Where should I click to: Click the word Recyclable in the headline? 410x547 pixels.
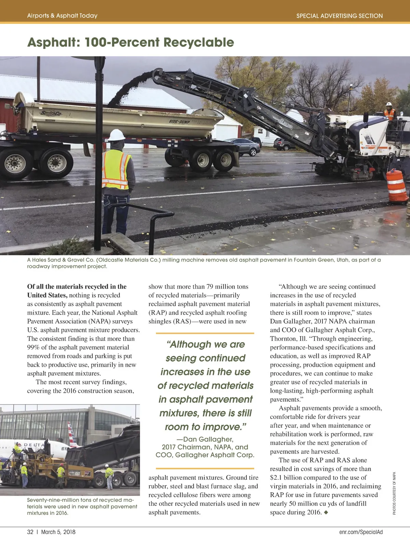[x=199, y=42]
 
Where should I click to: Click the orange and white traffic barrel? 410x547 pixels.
[x=396, y=186]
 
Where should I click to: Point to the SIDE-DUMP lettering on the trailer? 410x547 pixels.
[x=179, y=122]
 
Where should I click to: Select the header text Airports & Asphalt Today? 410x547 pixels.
[x=62, y=16]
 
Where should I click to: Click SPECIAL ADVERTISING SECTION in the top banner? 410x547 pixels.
[x=339, y=16]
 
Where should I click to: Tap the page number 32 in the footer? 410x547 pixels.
[x=30, y=532]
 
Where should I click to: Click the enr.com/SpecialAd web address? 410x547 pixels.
[x=361, y=532]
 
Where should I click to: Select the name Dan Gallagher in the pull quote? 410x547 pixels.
[x=208, y=439]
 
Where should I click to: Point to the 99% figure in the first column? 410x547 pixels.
[x=33, y=347]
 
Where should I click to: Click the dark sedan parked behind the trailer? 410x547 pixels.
[x=243, y=146]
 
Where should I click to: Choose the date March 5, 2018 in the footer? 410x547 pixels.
[x=58, y=532]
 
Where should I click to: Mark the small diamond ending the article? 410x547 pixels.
[x=326, y=512]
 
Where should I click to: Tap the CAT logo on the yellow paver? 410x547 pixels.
[x=78, y=473]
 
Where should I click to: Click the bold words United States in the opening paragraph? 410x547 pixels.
[x=47, y=295]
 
